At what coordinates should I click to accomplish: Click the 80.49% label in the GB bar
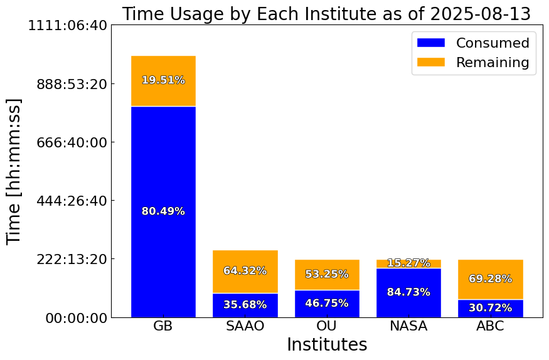tap(163, 211)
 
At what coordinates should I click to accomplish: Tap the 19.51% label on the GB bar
tap(163, 80)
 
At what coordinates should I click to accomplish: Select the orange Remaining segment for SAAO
tap(245, 272)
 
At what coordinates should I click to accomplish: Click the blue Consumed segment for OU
tap(327, 304)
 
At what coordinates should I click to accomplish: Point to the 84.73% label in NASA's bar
tap(408, 292)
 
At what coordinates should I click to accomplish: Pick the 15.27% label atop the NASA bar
tap(408, 263)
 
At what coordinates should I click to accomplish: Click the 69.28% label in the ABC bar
tap(491, 278)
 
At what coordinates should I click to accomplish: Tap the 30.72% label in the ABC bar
tap(491, 307)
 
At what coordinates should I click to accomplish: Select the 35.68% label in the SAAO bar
tap(245, 304)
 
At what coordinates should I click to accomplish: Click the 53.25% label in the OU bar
tap(327, 273)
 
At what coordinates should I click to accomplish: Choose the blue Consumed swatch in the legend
tap(430, 43)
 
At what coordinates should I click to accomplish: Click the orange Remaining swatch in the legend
tap(430, 62)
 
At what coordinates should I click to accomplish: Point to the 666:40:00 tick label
tap(72, 142)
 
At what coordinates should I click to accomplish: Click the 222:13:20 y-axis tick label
tap(72, 259)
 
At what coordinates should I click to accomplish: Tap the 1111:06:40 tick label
tap(68, 26)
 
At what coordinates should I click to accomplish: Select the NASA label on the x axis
tap(408, 326)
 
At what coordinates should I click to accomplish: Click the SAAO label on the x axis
tap(245, 326)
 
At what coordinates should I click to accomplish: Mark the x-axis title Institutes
tap(327, 344)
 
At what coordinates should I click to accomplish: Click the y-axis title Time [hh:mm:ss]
tap(14, 171)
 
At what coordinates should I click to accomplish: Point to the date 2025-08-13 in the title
tap(481, 14)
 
